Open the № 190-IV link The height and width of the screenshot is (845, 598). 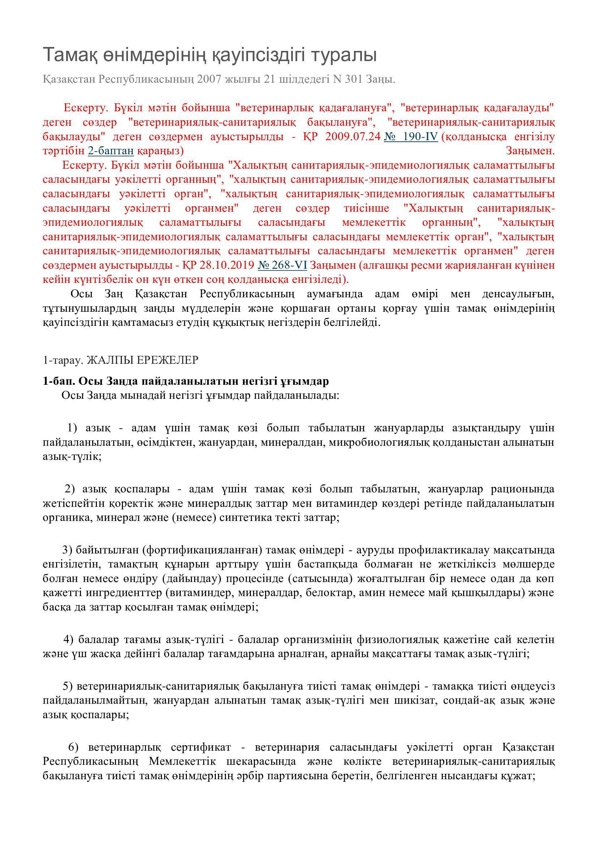coord(411,137)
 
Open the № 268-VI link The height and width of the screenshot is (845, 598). coord(282,265)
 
